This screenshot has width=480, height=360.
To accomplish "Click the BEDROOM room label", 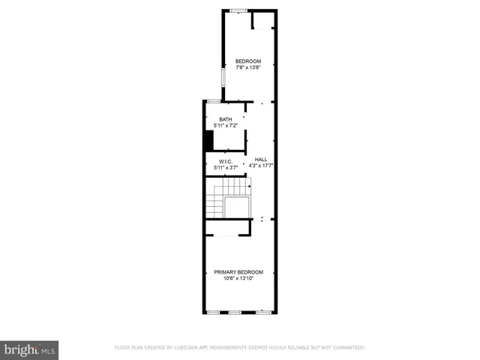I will (248, 61).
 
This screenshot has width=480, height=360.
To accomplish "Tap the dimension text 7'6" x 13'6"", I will (248, 67).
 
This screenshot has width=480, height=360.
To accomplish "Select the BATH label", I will (225, 120).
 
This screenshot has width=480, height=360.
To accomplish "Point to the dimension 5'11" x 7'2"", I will (225, 126).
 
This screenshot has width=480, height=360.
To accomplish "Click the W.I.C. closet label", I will (225, 162).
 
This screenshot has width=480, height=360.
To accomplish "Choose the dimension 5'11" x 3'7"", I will (225, 168).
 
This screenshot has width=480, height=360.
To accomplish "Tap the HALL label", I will (260, 159).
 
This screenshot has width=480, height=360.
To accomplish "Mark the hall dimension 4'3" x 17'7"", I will (260, 165).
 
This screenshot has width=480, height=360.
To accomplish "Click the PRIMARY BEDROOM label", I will (238, 271).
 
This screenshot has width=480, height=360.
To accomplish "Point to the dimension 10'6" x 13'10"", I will (238, 278).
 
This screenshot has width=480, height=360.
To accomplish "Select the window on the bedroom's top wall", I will (238, 10).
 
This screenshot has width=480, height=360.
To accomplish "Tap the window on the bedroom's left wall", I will (222, 78).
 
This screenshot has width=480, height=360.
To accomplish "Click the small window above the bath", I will (214, 100).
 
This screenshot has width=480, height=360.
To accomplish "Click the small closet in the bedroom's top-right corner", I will (263, 19).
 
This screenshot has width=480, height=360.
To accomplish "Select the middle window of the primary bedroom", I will (235, 311).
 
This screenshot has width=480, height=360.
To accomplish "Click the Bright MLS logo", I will (29, 349).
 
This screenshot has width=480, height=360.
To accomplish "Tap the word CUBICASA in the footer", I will (188, 347).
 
